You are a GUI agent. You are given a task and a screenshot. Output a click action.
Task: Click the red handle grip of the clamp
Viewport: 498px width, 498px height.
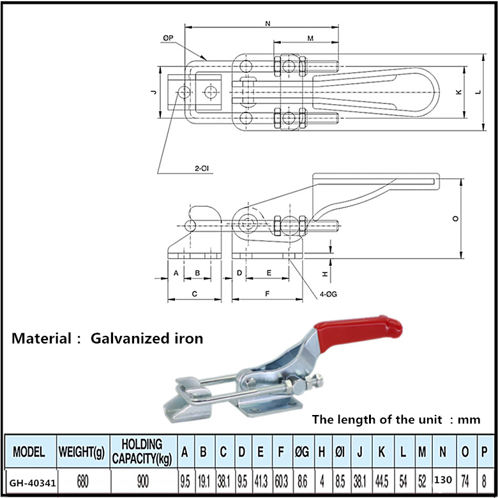coord(358,333)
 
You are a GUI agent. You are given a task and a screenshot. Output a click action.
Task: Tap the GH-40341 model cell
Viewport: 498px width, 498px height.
coord(33,483)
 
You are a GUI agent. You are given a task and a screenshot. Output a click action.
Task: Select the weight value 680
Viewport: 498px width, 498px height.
coord(82,482)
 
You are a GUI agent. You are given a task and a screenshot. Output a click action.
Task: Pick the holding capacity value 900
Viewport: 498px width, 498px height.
coord(143,482)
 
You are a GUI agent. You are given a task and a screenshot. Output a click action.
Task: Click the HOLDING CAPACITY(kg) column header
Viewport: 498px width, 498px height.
coord(142,451)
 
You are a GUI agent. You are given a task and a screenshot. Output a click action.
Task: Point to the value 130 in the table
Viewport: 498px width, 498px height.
coord(443,479)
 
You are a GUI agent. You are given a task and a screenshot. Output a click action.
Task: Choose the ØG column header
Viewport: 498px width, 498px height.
coord(302,451)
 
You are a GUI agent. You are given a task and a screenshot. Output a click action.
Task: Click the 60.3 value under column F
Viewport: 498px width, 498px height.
coord(282,482)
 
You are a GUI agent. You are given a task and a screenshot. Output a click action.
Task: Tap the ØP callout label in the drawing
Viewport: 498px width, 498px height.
coord(168,38)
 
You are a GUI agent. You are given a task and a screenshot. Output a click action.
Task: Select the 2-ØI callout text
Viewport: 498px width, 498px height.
coord(202,169)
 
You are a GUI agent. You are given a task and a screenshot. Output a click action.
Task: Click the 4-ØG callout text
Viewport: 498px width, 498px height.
coord(328,294)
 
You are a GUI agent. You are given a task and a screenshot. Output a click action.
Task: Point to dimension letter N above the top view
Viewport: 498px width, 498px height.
coord(268,23)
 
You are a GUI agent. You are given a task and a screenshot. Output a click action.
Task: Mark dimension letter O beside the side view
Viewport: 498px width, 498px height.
coord(455,218)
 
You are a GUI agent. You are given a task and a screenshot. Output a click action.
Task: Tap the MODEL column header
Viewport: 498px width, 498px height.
coord(29,451)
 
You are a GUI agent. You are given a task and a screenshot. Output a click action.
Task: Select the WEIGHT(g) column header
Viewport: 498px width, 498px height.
coord(82,451)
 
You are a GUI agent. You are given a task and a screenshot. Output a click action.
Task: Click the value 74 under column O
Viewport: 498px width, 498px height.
coord(465,482)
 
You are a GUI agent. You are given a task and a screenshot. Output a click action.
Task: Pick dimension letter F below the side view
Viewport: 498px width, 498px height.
coord(267,294)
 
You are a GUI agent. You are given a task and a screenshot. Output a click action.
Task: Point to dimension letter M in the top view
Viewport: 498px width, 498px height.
coord(310,38)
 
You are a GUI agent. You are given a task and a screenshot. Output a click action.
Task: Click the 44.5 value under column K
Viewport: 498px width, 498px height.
coord(382,482)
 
